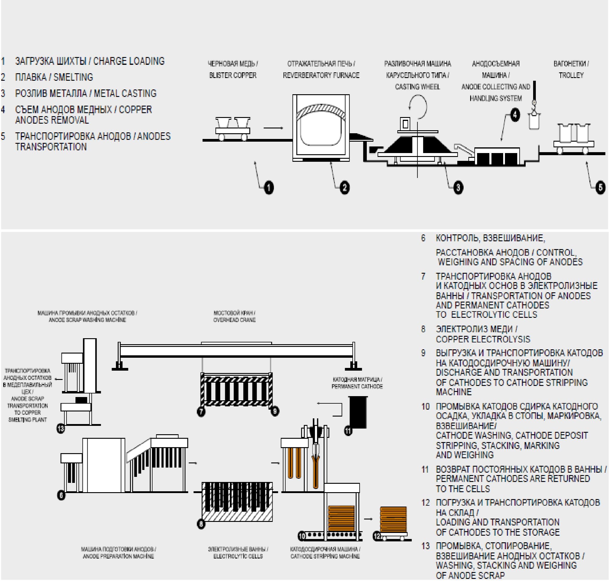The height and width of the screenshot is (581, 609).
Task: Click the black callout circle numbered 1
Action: (268, 187)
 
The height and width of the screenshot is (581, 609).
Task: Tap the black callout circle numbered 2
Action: (345, 187)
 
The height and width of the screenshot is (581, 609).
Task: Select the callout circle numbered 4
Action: (515, 115)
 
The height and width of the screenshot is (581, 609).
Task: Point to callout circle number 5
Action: (600, 187)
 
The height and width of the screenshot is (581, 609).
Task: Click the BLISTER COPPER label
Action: (233, 75)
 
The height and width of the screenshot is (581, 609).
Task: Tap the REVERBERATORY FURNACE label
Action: (321, 75)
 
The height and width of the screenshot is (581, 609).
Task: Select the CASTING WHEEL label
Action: (417, 87)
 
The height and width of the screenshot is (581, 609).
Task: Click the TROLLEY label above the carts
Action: (571, 75)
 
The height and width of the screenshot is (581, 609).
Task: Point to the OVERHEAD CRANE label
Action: (234, 320)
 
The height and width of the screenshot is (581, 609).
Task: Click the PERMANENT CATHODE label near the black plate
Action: (357, 387)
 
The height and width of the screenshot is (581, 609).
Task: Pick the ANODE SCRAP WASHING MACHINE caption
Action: (87, 320)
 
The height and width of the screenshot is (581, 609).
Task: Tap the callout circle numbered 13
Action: (61, 429)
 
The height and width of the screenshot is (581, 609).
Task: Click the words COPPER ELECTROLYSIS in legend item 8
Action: (483, 339)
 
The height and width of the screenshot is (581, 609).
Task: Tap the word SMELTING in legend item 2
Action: (73, 77)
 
